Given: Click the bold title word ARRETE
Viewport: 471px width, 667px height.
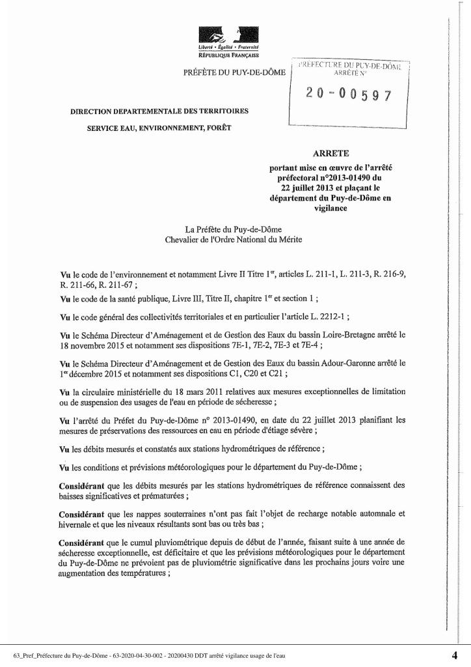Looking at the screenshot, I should click(x=331, y=154).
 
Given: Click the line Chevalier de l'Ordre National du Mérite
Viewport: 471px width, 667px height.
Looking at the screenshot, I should click(x=234, y=239).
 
